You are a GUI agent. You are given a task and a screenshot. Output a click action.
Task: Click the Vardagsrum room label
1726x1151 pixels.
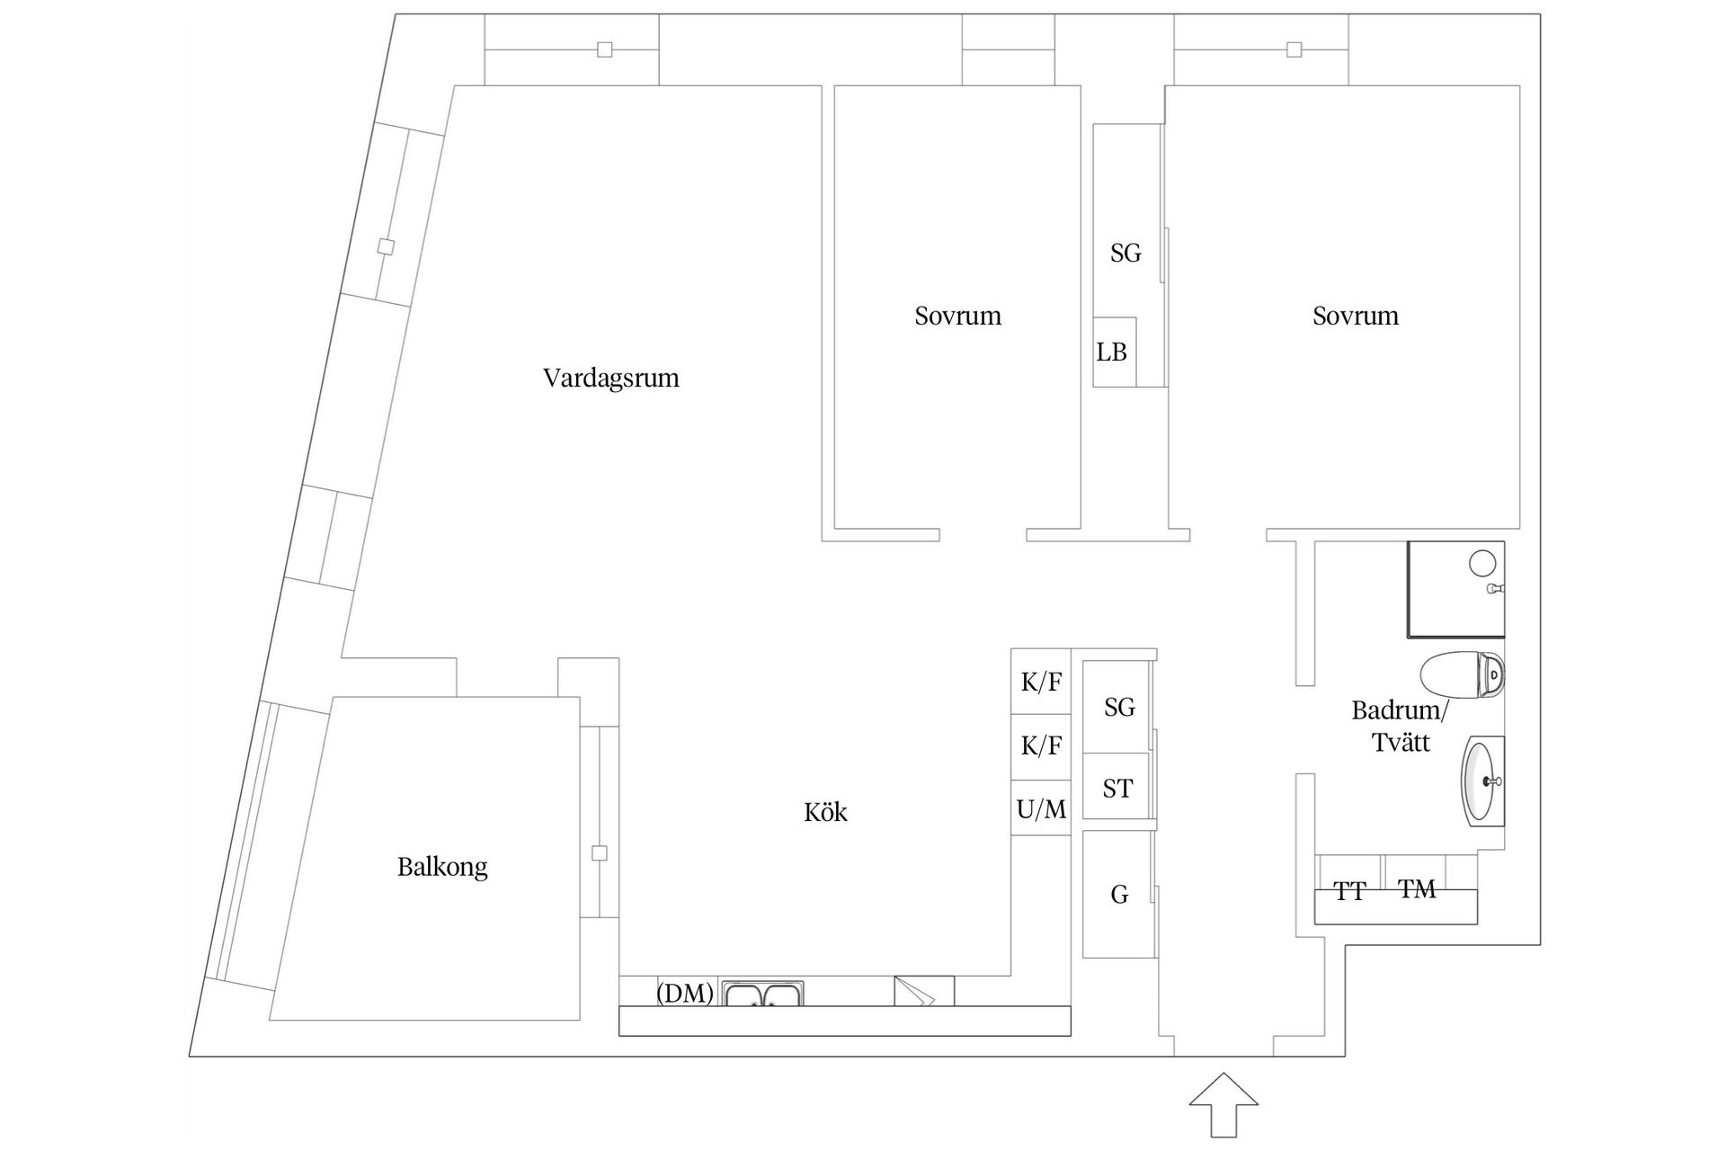click(610, 378)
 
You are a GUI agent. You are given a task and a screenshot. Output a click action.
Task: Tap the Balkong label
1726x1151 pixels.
click(442, 867)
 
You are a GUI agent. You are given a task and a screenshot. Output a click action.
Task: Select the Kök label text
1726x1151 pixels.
click(825, 813)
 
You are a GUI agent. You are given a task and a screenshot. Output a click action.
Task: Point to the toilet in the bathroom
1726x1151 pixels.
click(1462, 674)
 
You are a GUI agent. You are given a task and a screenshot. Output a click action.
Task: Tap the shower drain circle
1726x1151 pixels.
click(1481, 564)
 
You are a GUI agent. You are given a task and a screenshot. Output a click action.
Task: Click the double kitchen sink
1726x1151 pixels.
click(762, 994)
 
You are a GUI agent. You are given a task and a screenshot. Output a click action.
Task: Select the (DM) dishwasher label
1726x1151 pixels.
click(685, 993)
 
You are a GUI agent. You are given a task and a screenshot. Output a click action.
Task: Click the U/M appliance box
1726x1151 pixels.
click(1041, 809)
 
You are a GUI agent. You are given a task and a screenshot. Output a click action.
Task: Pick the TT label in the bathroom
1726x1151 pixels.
click(1349, 891)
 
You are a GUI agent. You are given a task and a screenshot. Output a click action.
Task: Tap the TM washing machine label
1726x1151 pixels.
click(1417, 889)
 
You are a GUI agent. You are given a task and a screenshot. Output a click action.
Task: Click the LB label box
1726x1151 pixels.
click(1113, 352)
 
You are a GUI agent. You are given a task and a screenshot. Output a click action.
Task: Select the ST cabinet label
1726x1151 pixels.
click(1117, 789)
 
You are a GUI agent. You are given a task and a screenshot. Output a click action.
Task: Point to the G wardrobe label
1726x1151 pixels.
click(1119, 895)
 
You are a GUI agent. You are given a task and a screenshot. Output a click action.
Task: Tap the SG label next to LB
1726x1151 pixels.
click(1125, 254)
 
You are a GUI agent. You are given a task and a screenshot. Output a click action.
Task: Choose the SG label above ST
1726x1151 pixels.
click(1119, 708)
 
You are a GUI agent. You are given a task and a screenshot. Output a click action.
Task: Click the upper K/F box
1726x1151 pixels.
click(1041, 683)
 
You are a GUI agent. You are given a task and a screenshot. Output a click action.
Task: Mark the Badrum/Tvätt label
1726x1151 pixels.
click(1400, 727)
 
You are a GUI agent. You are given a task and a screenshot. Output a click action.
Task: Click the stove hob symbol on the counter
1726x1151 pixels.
click(923, 991)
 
